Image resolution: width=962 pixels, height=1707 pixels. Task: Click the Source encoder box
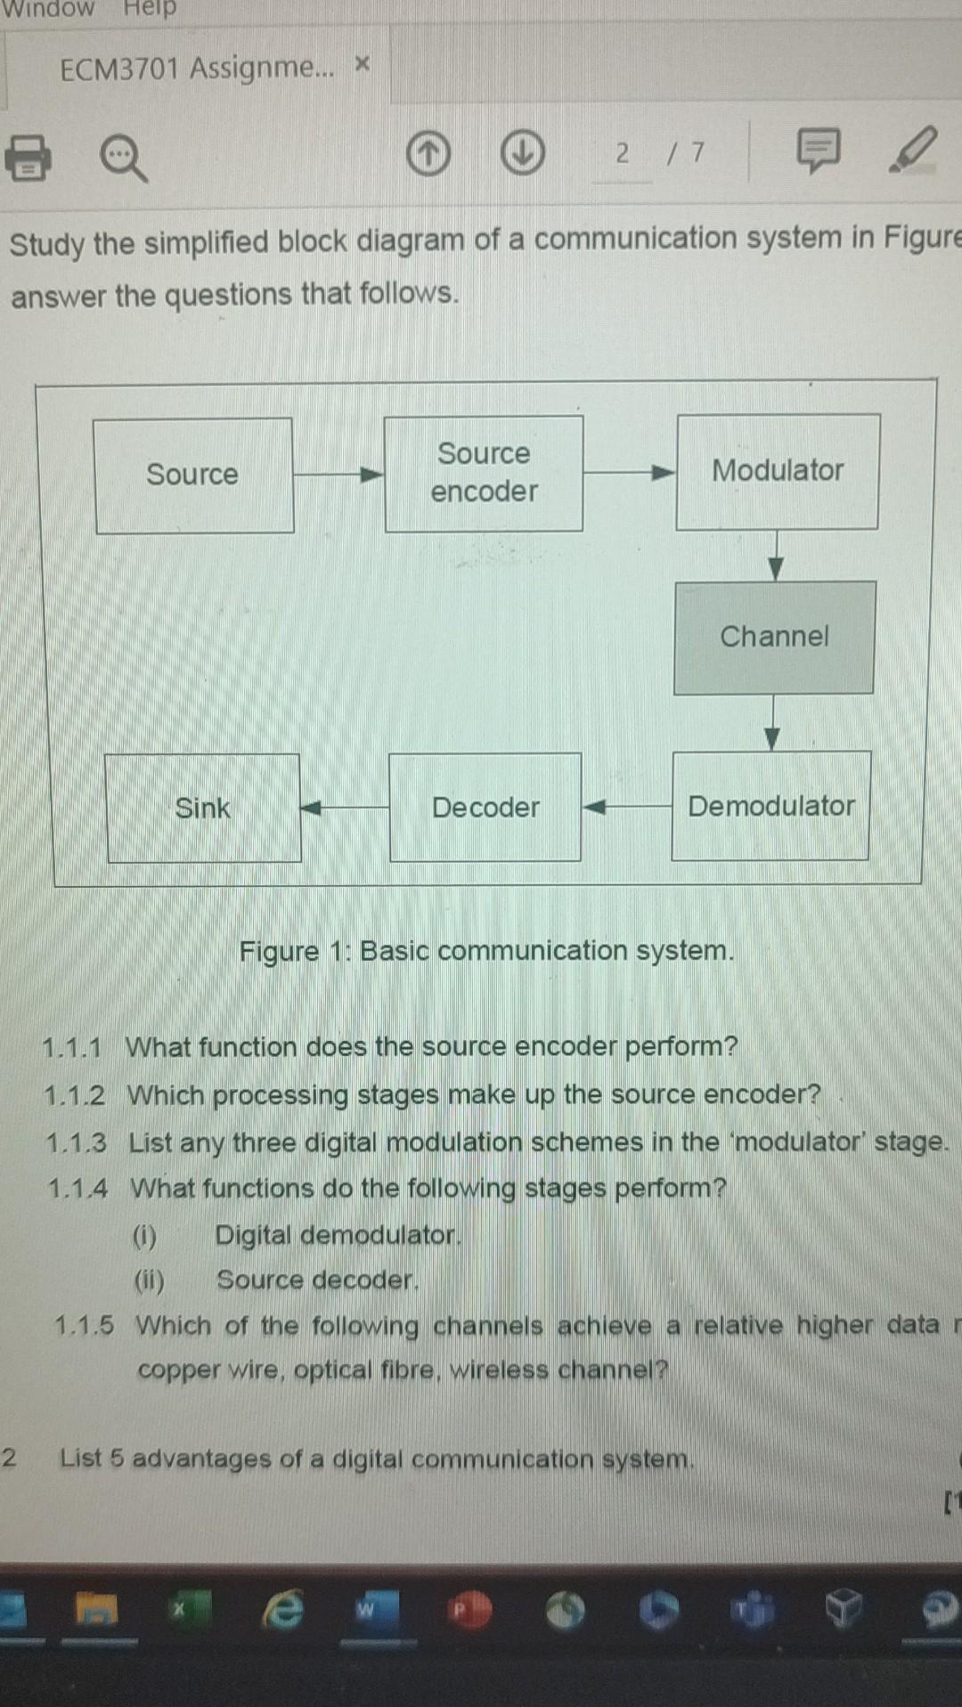pyautogui.click(x=484, y=474)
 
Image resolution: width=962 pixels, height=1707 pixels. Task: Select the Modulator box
pyautogui.click(x=778, y=472)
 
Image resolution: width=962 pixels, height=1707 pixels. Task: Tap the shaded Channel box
pyautogui.click(x=774, y=638)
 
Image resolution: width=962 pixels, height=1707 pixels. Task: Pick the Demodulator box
pyautogui.click(x=770, y=806)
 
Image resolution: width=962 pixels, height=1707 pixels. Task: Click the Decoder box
pyautogui.click(x=485, y=808)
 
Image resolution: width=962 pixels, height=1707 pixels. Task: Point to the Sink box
pyautogui.click(x=203, y=809)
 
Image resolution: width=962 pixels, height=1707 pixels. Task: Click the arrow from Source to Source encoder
pyautogui.click(x=338, y=475)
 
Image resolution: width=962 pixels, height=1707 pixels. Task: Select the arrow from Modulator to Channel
pyautogui.click(x=776, y=557)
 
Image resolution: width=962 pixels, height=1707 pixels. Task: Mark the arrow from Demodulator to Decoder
pyautogui.click(x=626, y=807)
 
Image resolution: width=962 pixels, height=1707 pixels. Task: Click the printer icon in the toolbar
pyautogui.click(x=28, y=158)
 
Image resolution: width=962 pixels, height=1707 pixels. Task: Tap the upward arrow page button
pyautogui.click(x=428, y=154)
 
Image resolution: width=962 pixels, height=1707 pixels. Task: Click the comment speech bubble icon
pyautogui.click(x=817, y=150)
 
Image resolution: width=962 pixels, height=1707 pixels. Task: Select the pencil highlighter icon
pyautogui.click(x=913, y=150)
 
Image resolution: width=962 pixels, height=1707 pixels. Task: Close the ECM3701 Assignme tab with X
pyautogui.click(x=362, y=64)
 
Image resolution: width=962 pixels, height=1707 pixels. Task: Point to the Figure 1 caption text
pyautogui.click(x=486, y=951)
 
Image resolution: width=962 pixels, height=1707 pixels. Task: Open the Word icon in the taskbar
pyautogui.click(x=366, y=1609)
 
